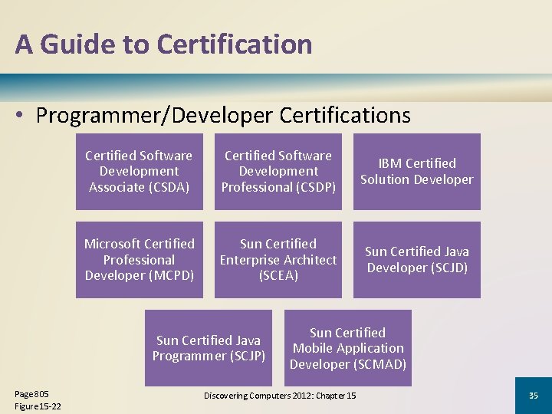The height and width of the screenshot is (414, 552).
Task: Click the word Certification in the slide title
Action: pos(235,44)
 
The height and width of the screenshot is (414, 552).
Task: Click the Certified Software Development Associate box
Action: pos(139,172)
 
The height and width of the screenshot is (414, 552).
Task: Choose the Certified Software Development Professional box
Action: pos(278,172)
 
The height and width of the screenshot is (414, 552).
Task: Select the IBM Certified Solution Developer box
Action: pos(416,172)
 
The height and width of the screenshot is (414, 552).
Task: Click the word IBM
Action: pos(391,163)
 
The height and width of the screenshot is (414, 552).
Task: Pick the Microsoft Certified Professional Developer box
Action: pos(139,260)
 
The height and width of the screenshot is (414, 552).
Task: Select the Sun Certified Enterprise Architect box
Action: pos(278,260)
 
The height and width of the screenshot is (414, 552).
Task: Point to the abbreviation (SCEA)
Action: pos(278,275)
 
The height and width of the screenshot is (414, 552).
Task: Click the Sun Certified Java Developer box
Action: pos(416,260)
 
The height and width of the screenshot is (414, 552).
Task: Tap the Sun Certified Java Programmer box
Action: pos(209,348)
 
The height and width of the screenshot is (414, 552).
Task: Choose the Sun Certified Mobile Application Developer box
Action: pos(347,348)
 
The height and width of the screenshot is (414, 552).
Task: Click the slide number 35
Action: pos(534,396)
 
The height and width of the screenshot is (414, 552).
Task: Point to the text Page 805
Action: pos(31,394)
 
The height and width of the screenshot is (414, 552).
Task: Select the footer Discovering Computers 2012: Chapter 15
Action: pos(280,396)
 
